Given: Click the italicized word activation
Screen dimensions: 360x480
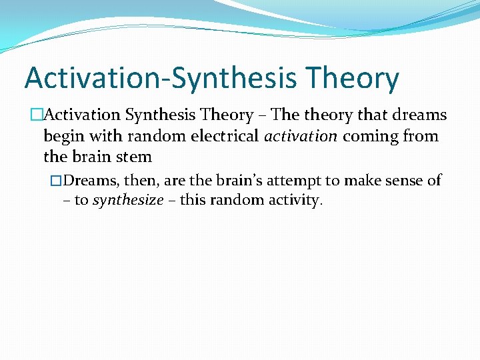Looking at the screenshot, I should pyautogui.click(x=300, y=137).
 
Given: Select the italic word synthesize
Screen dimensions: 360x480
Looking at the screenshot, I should pyautogui.click(x=127, y=201).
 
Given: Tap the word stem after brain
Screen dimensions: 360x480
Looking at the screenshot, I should pyautogui.click(x=135, y=158).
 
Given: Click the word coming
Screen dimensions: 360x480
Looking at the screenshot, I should pyautogui.click(x=367, y=137).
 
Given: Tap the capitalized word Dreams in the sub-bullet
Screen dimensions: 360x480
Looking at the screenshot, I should pyautogui.click(x=91, y=181).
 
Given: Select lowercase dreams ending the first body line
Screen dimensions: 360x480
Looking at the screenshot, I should pyautogui.click(x=421, y=115).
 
